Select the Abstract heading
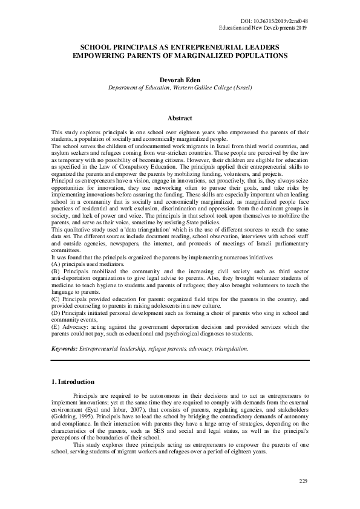click(180, 118)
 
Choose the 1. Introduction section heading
click(73, 382)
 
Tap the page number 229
click(304, 481)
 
